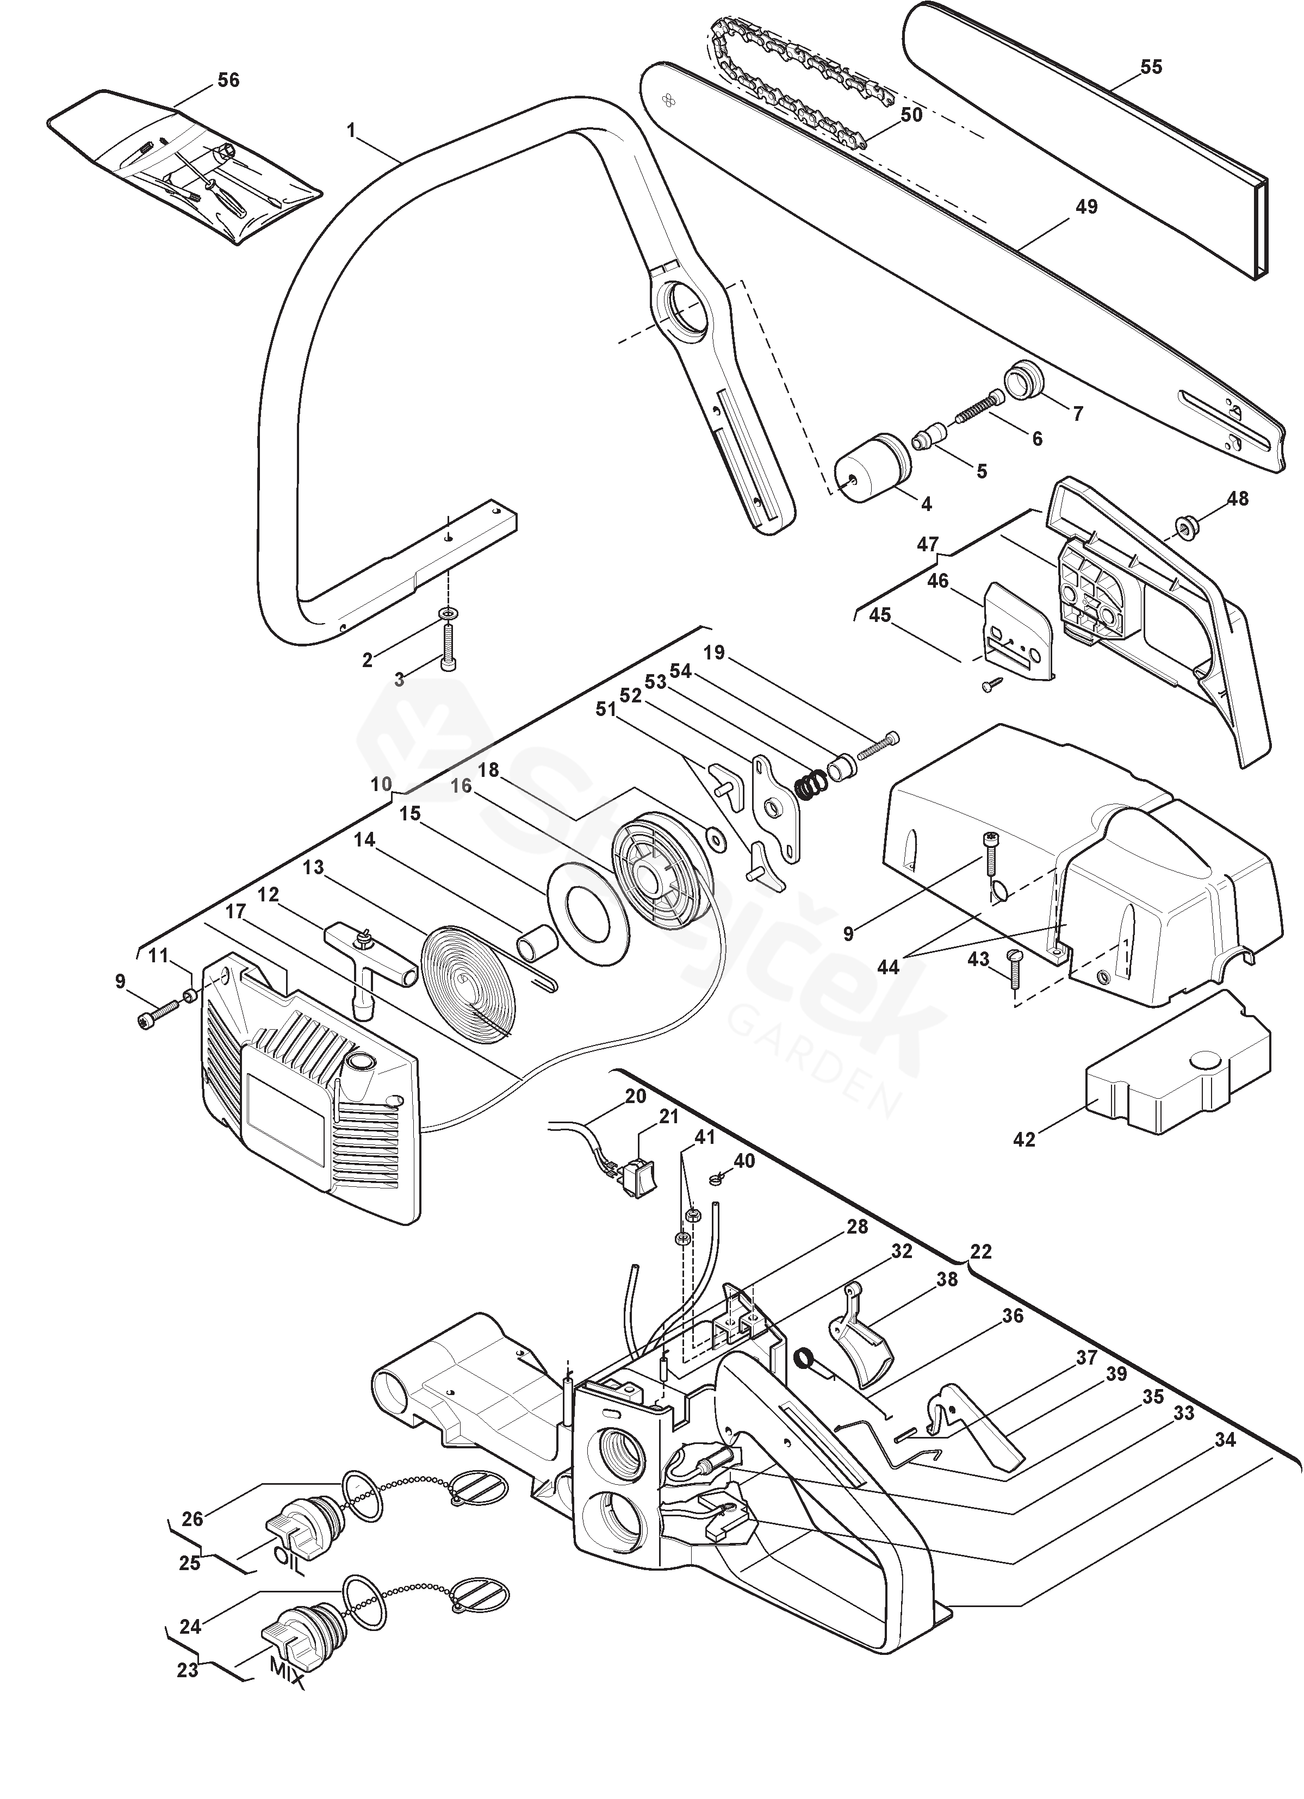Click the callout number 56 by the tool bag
pyautogui.click(x=228, y=80)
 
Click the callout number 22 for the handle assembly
pyautogui.click(x=980, y=1251)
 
